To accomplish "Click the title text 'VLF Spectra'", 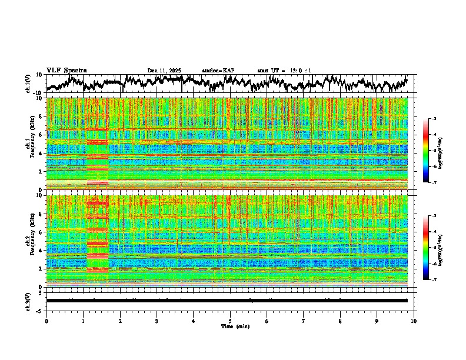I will [x=66, y=70].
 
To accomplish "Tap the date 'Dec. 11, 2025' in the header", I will [x=164, y=71].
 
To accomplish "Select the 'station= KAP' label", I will [x=218, y=71].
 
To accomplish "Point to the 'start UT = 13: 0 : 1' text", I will [x=284, y=71].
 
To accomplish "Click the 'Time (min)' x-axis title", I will [x=230, y=326].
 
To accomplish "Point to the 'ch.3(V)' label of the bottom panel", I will [x=28, y=301].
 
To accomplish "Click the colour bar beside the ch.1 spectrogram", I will [x=432, y=150].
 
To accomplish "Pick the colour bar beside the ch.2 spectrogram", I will [x=432, y=247].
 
